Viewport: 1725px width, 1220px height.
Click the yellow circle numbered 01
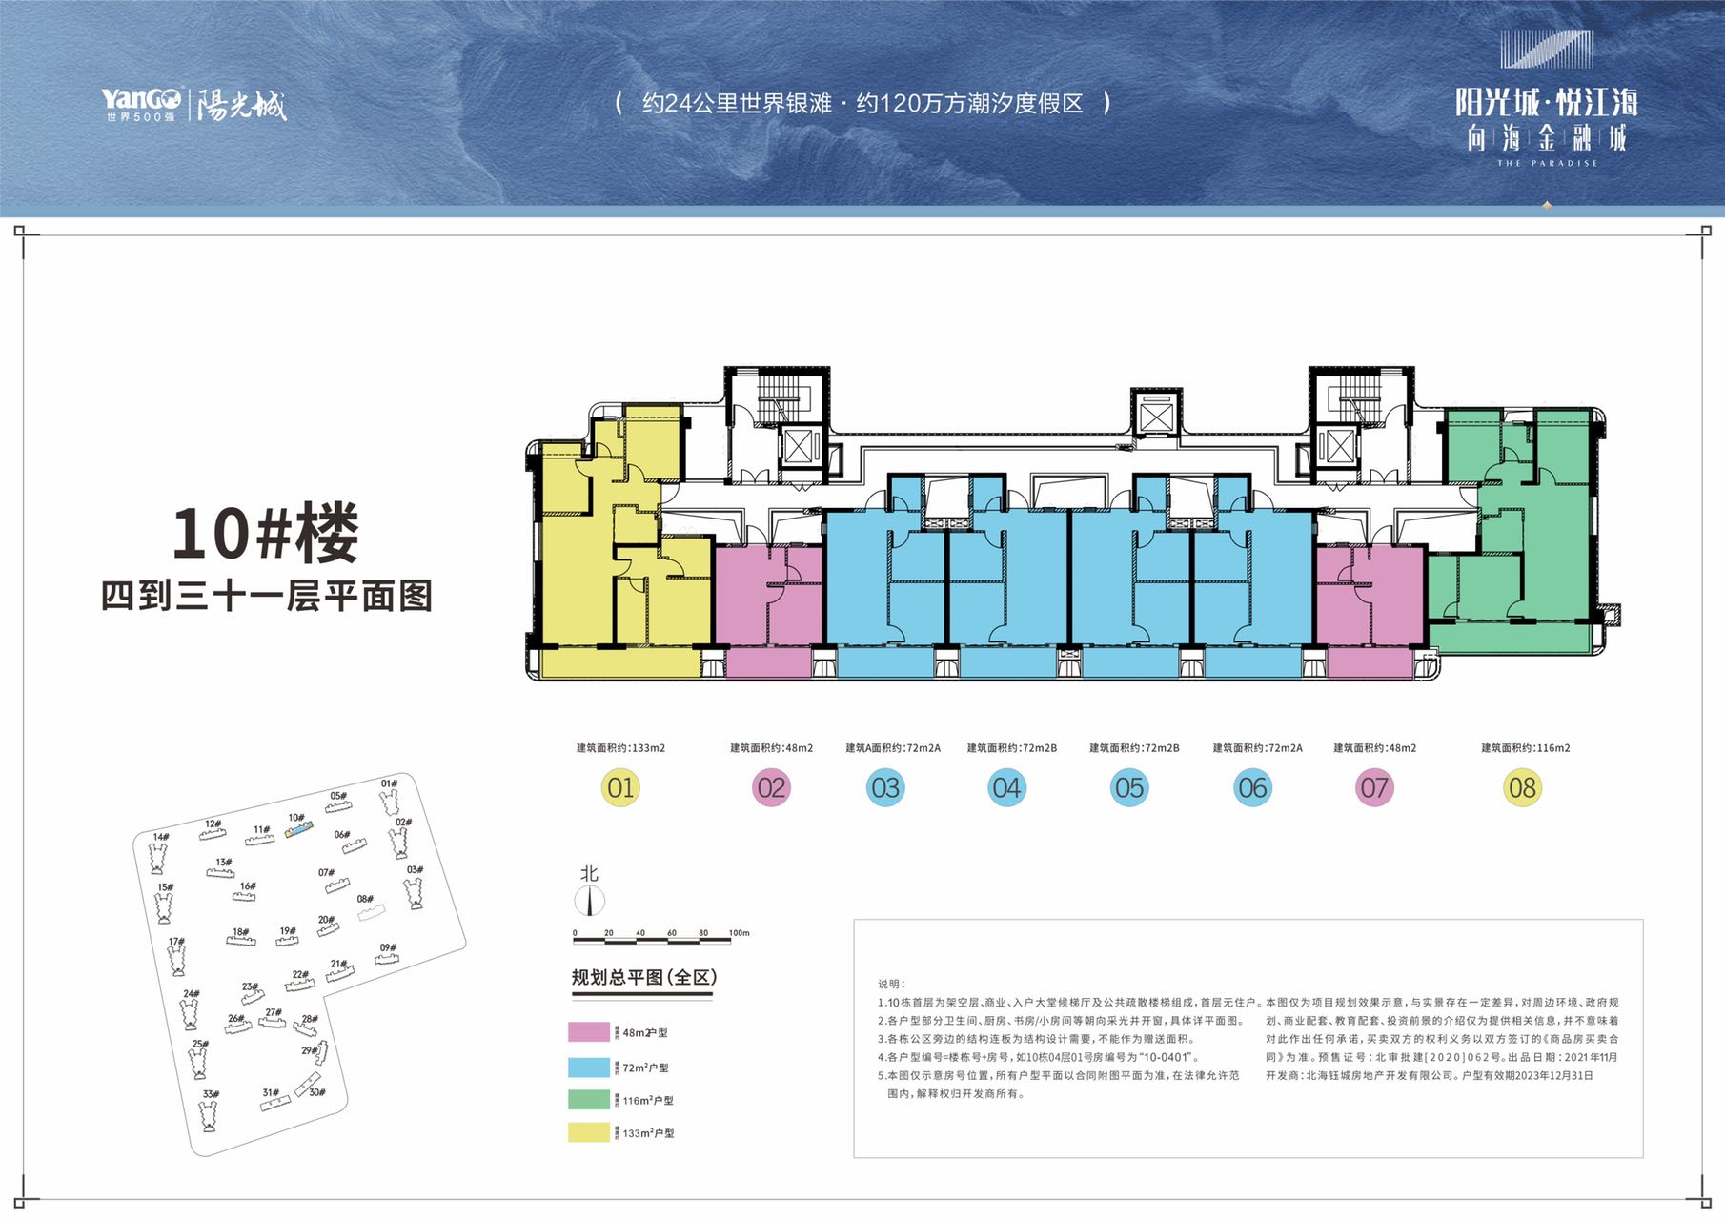pos(620,788)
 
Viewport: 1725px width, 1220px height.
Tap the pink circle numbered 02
pos(771,788)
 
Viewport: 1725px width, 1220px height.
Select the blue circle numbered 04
pos(1006,788)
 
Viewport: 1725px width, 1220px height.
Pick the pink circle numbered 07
pos(1374,788)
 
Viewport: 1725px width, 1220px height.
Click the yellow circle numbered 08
pos(1522,788)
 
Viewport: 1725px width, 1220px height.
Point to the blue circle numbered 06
pos(1252,788)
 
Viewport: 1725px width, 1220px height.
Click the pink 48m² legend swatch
pos(588,1032)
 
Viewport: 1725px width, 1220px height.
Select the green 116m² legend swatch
pos(588,1100)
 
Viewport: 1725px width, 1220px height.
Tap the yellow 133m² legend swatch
pos(588,1132)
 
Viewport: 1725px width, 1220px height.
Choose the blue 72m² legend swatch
pos(588,1067)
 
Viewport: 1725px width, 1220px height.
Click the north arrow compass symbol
pos(590,900)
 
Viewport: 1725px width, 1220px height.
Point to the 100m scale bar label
pos(740,933)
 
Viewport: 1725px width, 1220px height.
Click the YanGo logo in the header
pos(141,103)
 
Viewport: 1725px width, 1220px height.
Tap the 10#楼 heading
pos(265,534)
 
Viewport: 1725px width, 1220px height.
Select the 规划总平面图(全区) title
pos(643,978)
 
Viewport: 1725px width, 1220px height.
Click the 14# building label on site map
pos(161,837)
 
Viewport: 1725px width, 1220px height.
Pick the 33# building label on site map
pos(211,1094)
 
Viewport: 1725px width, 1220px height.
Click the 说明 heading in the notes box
pos(891,984)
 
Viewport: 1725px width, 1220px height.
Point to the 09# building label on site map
pos(388,948)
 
